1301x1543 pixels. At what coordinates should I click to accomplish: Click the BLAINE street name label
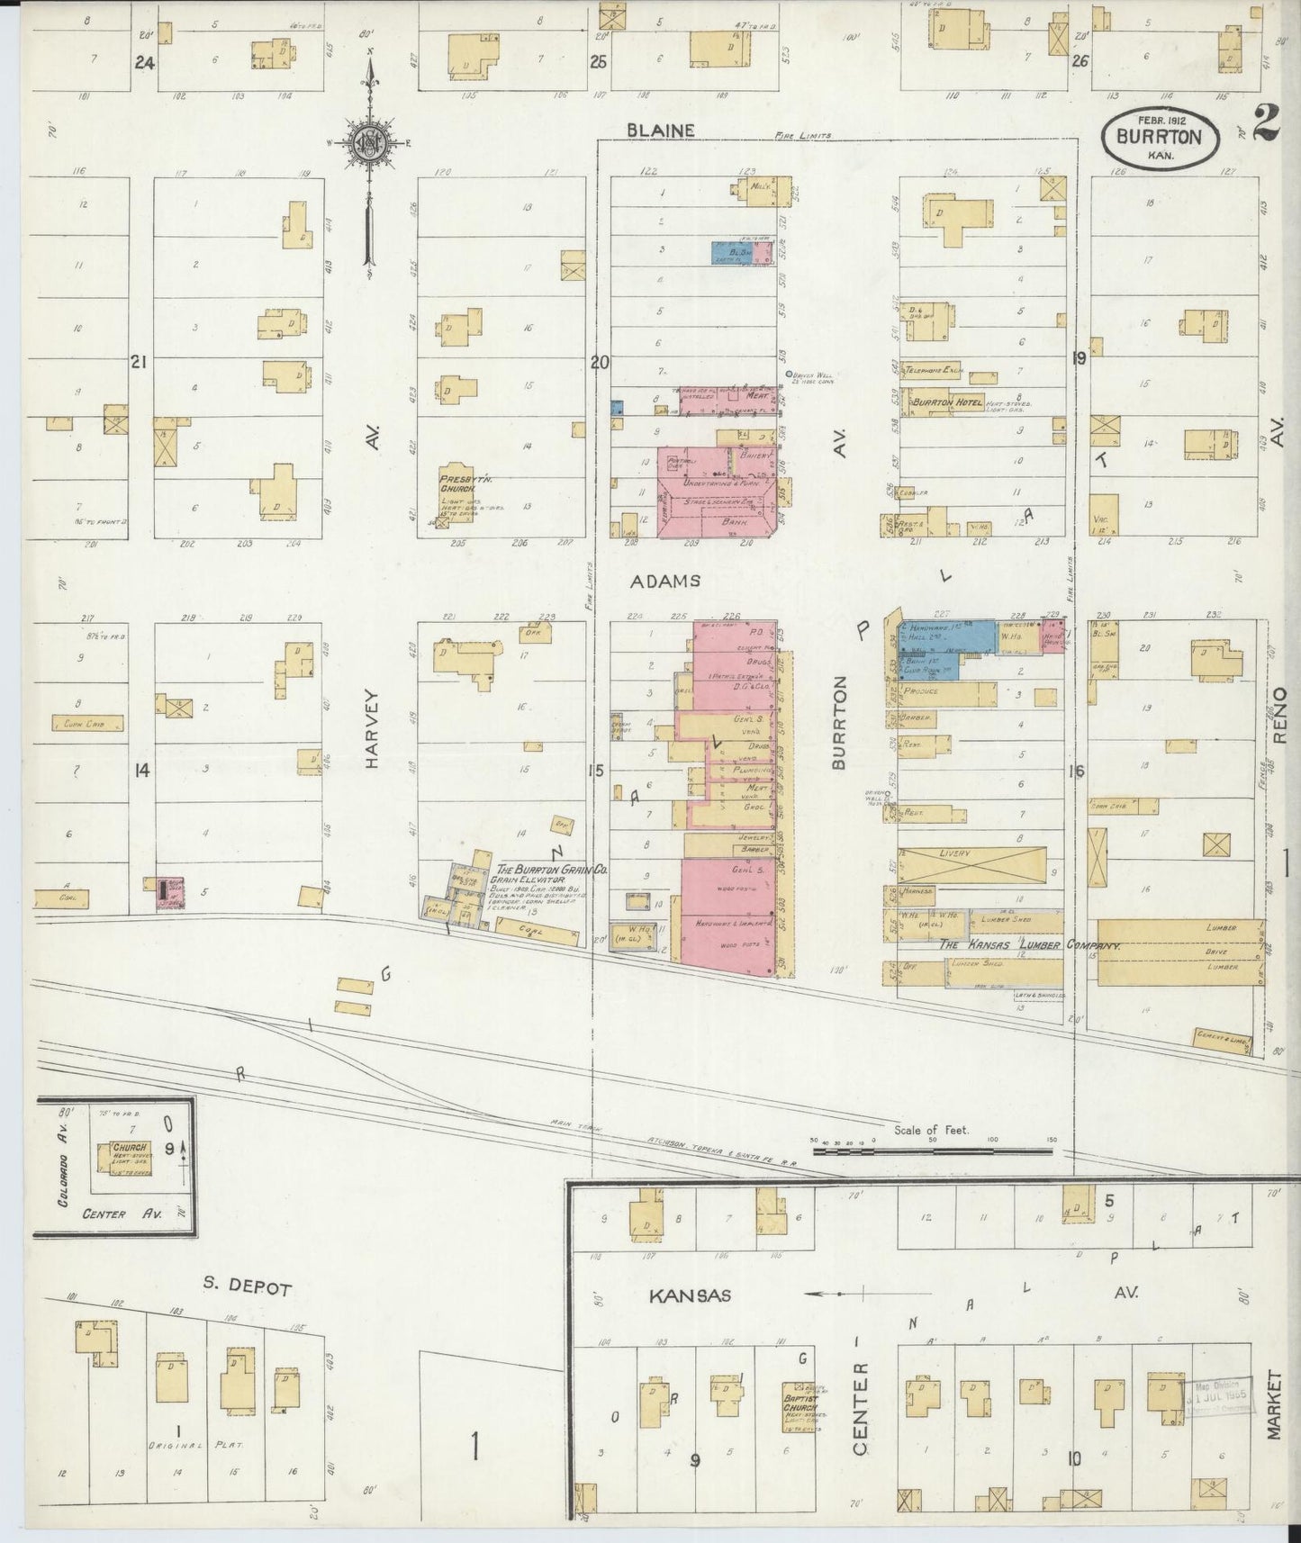[661, 131]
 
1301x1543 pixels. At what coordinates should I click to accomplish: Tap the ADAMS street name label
[664, 582]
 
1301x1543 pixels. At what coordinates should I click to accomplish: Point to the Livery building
[971, 865]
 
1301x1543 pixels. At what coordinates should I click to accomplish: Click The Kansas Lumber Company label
[1029, 946]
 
